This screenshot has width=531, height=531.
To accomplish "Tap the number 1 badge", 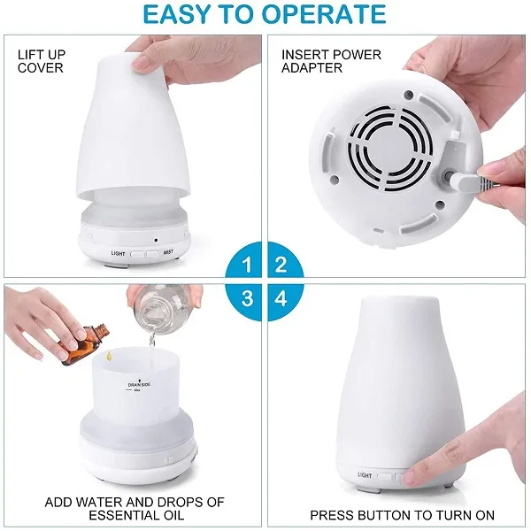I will pyautogui.click(x=248, y=264).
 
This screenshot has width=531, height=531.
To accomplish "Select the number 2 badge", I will pyautogui.click(x=282, y=264).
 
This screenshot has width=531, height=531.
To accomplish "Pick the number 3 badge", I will pyautogui.click(x=248, y=298).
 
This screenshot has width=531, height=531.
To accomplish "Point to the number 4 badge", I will pyautogui.click(x=282, y=298).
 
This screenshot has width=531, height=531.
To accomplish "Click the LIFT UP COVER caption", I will pyautogui.click(x=41, y=61).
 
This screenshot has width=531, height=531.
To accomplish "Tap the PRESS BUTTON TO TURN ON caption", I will pyautogui.click(x=402, y=514).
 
